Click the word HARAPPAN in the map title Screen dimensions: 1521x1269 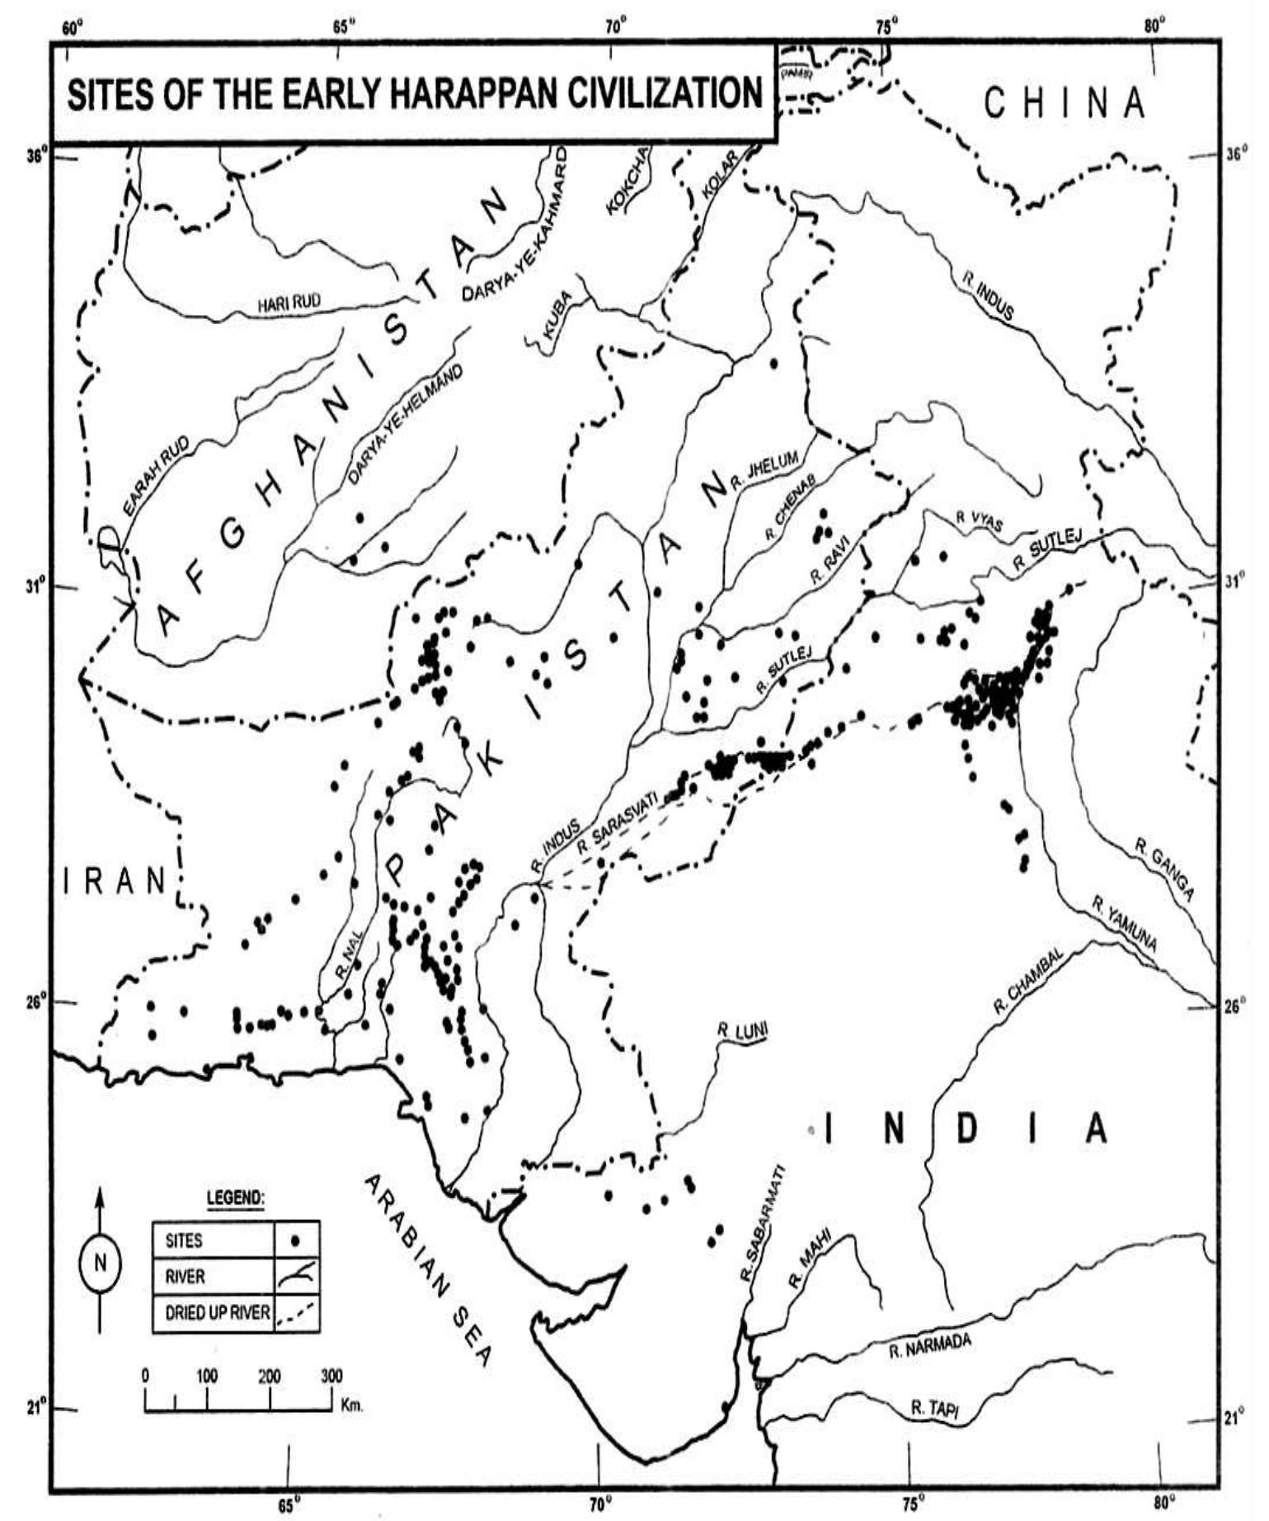[x=472, y=94]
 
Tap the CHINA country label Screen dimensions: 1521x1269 [x=1065, y=103]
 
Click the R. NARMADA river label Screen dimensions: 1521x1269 [x=930, y=1347]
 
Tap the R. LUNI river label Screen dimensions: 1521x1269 [x=742, y=1030]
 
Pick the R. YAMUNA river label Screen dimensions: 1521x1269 [x=1125, y=923]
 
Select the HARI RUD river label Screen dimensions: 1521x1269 [x=289, y=304]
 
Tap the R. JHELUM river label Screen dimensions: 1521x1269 [x=764, y=472]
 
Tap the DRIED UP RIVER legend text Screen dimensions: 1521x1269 [x=218, y=1311]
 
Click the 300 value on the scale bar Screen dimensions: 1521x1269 [x=331, y=1375]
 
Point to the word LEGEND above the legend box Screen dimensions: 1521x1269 [x=235, y=1196]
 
